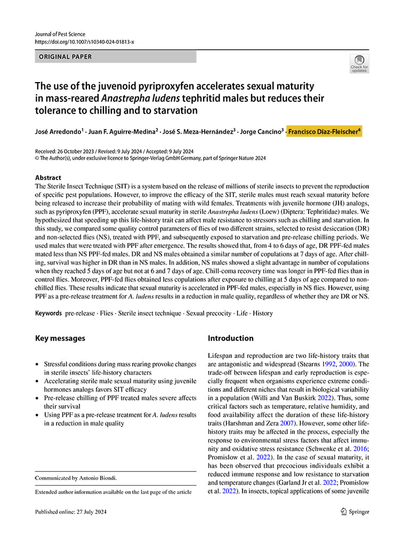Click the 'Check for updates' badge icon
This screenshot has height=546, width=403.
(359, 63)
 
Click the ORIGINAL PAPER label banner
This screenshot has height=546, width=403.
(115, 57)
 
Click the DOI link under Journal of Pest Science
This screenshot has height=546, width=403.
(84, 42)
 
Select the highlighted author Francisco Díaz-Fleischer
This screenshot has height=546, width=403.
(325, 131)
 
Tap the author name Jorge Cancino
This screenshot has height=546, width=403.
(263, 131)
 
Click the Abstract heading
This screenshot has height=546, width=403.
(48, 178)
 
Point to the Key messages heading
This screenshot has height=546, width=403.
(60, 338)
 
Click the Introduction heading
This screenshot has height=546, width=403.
(230, 338)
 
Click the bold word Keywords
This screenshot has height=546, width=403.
(48, 313)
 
